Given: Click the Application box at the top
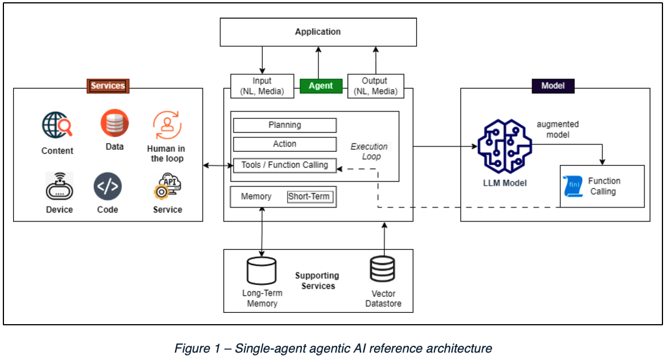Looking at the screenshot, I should click(318, 32).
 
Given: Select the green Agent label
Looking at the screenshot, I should click(321, 86).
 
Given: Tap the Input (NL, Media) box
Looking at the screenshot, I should click(262, 86).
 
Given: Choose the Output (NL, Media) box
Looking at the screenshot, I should click(375, 86).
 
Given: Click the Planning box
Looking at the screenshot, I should click(284, 125).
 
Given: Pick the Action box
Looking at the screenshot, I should click(284, 144).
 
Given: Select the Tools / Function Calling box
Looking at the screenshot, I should click(284, 165).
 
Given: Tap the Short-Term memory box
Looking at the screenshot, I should click(309, 197).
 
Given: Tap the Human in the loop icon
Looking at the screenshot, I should click(167, 125).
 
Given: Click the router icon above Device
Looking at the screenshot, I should click(60, 186).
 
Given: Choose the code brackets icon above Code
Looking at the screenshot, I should click(107, 187).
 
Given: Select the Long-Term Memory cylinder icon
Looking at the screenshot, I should click(261, 271).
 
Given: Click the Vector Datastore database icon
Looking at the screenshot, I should click(382, 270).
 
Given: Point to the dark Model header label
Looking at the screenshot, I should click(553, 86).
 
